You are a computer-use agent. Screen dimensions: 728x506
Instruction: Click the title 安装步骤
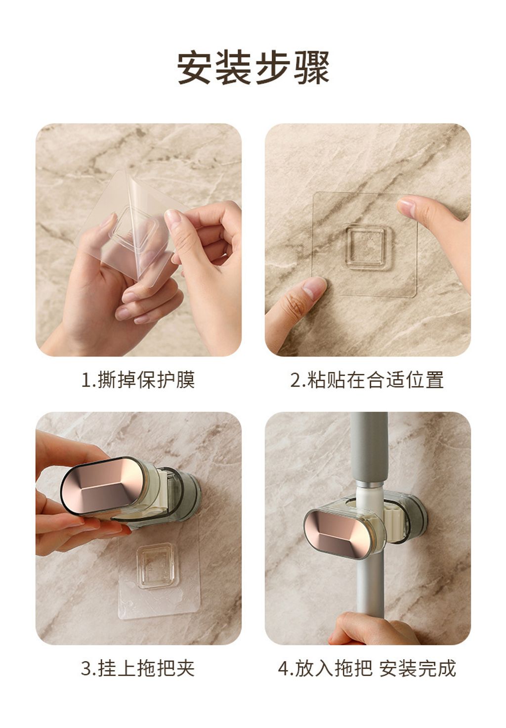[253, 68]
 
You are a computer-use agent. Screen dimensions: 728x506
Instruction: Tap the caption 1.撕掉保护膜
[138, 380]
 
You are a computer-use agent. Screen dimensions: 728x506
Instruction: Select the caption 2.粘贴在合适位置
[367, 380]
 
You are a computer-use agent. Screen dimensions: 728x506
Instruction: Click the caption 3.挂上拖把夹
[138, 668]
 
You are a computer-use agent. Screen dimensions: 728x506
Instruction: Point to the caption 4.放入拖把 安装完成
[367, 668]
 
